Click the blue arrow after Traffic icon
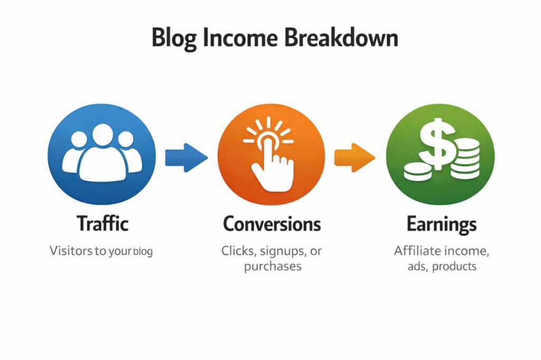(186, 157)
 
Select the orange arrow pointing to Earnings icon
(355, 157)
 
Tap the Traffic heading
(102, 224)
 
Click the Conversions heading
(272, 224)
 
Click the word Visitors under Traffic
(71, 251)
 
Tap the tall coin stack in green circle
(464, 158)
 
